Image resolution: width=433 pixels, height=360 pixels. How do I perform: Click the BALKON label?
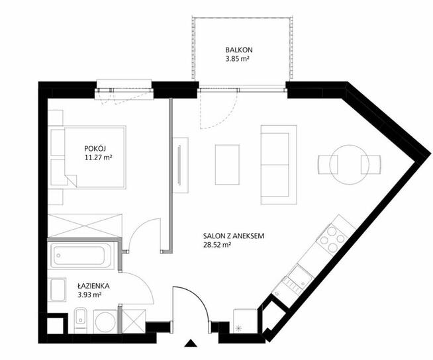tap(238, 50)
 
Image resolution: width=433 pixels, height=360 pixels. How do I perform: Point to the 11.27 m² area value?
tap(98, 157)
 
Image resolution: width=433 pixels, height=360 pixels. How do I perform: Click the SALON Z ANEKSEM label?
tap(234, 236)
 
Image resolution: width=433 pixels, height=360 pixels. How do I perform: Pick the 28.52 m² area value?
tap(217, 245)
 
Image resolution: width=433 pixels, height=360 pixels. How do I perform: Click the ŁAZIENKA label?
tap(93, 286)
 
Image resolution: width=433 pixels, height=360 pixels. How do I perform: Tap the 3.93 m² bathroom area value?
tap(89, 295)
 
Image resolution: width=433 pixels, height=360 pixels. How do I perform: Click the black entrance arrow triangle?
tap(190, 343)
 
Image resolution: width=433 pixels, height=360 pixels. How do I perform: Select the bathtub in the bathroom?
tap(82, 255)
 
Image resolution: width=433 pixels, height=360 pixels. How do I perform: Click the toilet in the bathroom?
tap(81, 320)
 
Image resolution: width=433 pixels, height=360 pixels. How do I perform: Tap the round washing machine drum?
tap(105, 322)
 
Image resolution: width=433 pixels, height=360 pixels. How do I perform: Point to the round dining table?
tap(349, 165)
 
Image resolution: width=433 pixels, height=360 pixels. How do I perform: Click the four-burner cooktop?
tap(332, 238)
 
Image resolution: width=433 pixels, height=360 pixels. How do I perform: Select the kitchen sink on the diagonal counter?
tap(300, 278)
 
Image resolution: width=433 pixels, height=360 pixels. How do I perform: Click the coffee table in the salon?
tap(227, 165)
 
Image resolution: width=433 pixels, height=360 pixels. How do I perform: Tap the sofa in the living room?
tap(279, 165)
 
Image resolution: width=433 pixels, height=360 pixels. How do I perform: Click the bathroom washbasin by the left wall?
tap(57, 289)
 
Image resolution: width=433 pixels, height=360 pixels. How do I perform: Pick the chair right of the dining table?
tap(371, 165)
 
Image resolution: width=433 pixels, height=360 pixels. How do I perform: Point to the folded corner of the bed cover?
tap(72, 180)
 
